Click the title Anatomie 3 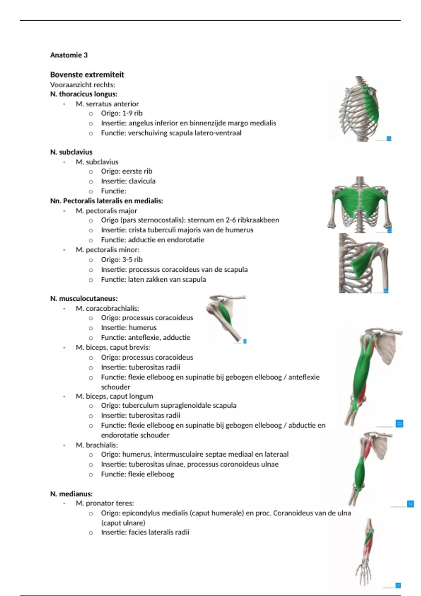click(69, 55)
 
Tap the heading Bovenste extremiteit click(87, 75)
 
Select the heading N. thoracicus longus click(83, 94)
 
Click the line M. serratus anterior click(107, 104)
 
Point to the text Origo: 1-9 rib click(122, 113)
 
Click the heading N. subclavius click(71, 152)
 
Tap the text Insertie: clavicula click(128, 181)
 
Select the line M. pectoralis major click(106, 211)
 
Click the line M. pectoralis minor click(107, 250)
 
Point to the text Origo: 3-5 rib click(122, 260)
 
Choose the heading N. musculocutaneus click(83, 299)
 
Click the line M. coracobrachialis click(107, 309)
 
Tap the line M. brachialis click(97, 445)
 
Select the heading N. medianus click(71, 494)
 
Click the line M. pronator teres click(105, 503)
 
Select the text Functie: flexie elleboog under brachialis click(137, 474)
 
